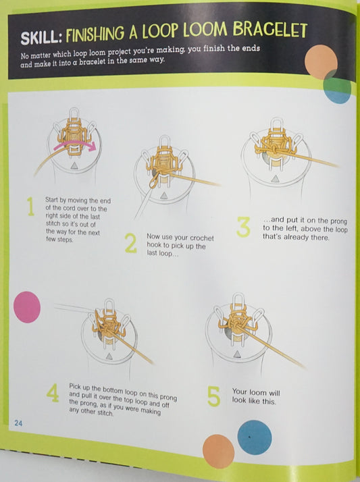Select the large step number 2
click(131, 243)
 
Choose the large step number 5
click(213, 396)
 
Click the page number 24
click(20, 423)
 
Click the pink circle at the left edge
click(26, 306)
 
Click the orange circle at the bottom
click(218, 450)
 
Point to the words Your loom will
click(255, 392)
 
